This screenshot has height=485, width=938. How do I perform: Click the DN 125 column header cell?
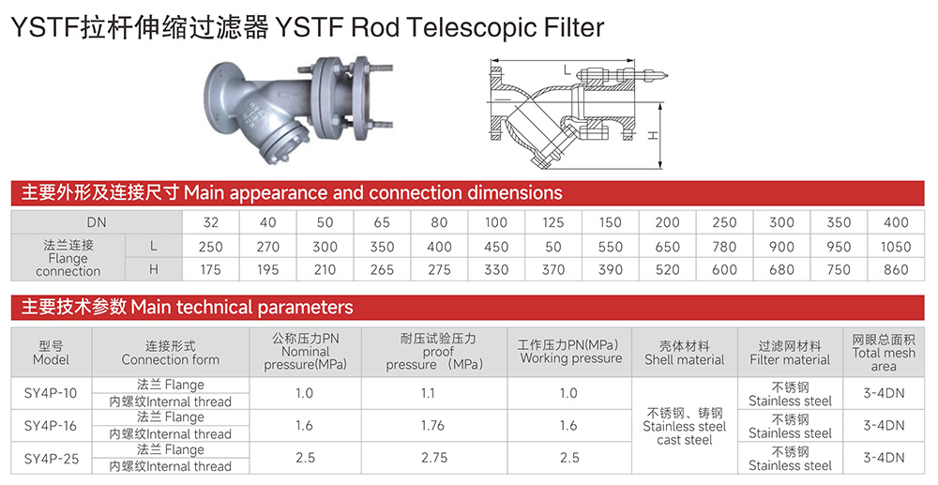coord(552,222)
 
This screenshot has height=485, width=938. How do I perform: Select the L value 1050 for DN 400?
coord(896,247)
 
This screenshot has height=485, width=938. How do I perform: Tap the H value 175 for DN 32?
coord(210,270)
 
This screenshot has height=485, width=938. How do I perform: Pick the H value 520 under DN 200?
coord(667,270)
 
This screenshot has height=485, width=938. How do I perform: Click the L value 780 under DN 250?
coord(724,247)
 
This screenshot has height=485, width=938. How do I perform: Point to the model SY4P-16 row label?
coord(51,426)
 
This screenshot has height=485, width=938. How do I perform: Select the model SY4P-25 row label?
coord(51,458)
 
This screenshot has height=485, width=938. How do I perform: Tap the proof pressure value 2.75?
coord(434,458)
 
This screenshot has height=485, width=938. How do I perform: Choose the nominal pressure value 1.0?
coord(305,393)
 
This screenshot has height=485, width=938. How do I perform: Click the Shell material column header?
coord(685,353)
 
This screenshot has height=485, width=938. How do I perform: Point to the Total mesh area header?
coord(884,353)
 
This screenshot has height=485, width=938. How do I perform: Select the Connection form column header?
coord(171,353)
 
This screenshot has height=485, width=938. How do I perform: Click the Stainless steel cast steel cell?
coord(685,427)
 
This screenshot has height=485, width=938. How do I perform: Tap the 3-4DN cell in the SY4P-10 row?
coord(884,393)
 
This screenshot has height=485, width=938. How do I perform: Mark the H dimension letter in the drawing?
coord(653,136)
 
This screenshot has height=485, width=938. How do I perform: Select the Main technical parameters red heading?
coord(188,308)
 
